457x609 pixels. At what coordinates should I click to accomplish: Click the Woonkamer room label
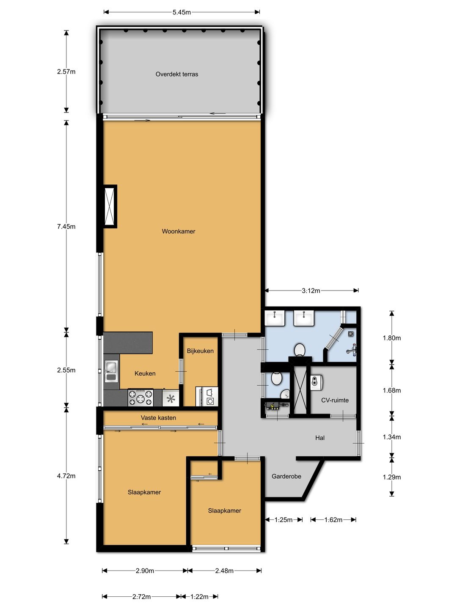179,231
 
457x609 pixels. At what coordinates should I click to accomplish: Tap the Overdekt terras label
177,74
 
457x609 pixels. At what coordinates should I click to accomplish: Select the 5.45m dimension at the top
182,12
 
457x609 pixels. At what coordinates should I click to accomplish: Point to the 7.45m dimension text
66,226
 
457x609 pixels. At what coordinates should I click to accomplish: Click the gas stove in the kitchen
140,398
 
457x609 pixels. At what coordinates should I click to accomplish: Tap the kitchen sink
111,371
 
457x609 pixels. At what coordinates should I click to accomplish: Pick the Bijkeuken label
200,351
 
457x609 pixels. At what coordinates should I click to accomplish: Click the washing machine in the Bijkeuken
210,397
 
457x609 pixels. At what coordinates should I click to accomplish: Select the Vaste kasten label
158,418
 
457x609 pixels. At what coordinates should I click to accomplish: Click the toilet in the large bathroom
300,350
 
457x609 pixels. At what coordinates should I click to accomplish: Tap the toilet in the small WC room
277,379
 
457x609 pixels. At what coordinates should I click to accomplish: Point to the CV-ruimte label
335,401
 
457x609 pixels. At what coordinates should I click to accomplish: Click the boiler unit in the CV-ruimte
317,382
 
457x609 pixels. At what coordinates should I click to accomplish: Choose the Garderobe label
286,476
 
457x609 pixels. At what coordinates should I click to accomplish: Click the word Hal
319,438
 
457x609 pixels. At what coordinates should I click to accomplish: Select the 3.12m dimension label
311,291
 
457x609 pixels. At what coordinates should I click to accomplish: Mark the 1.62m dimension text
333,520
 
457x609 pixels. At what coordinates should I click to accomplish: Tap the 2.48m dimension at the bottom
224,571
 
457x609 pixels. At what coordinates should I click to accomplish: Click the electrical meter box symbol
273,406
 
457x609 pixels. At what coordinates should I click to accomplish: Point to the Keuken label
145,373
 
